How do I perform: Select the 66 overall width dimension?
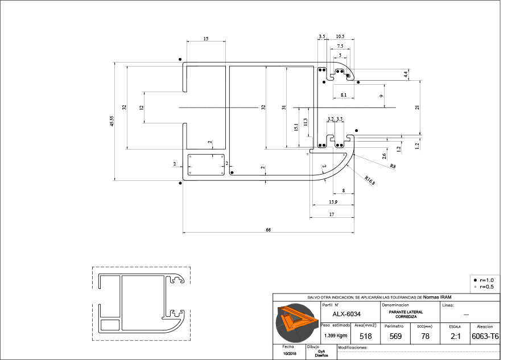click(x=267, y=230)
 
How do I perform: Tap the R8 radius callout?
click(x=393, y=166)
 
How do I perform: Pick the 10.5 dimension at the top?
click(x=340, y=36)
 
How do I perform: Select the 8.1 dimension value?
click(x=344, y=94)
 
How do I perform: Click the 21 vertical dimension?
click(x=417, y=107)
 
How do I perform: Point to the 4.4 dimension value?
click(x=406, y=74)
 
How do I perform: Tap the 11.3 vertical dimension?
click(x=305, y=122)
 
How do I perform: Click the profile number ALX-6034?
click(x=346, y=314)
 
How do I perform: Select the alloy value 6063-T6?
click(x=485, y=337)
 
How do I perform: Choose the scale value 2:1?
click(x=455, y=337)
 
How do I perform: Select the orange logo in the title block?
click(x=295, y=324)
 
